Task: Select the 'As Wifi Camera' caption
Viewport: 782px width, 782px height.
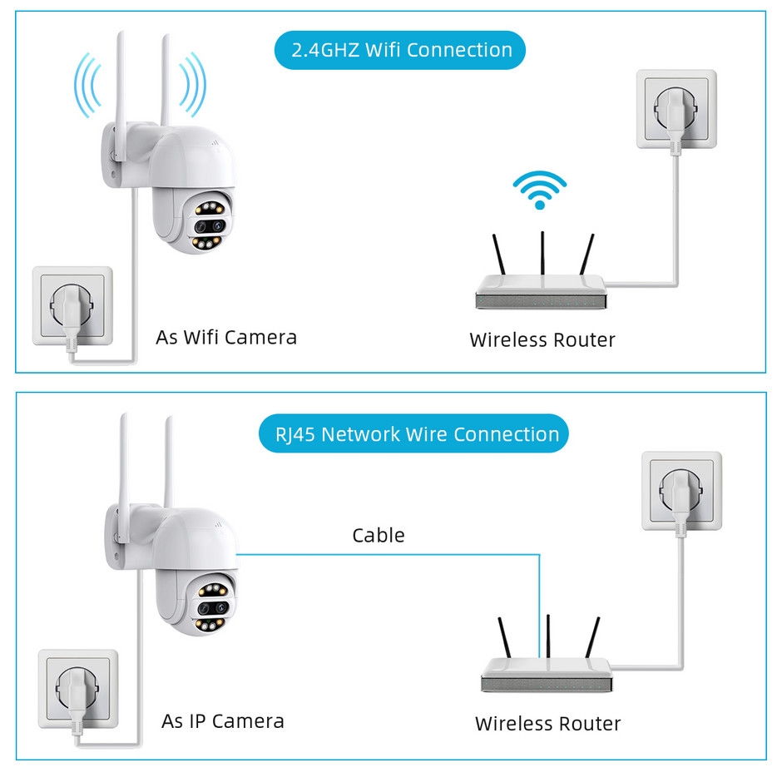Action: [226, 337]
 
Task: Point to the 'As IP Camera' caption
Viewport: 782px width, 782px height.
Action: [223, 721]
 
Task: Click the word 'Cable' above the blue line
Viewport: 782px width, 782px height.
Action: [379, 535]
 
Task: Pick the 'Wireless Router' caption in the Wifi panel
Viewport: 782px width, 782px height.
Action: [542, 339]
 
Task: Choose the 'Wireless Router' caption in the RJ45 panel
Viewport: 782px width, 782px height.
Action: [547, 724]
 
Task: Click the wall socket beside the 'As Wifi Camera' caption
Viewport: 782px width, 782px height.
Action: [72, 306]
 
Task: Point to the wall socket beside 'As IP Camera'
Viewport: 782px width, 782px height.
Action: [77, 689]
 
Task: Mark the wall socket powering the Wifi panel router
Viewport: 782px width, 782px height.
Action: [676, 109]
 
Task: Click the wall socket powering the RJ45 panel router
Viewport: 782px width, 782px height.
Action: [681, 491]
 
